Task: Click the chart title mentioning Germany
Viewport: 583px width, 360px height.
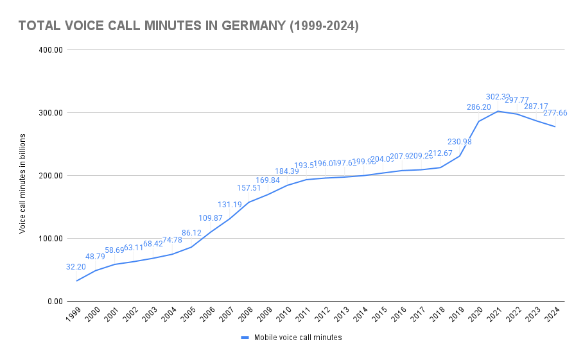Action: click(x=188, y=26)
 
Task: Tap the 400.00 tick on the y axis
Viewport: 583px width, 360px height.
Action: click(x=50, y=50)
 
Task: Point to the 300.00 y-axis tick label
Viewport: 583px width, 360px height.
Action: click(x=50, y=113)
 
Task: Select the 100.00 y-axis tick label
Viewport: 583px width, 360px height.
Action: click(x=50, y=239)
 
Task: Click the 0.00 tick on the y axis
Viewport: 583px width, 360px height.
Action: click(x=54, y=302)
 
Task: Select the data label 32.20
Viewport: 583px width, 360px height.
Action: click(x=76, y=266)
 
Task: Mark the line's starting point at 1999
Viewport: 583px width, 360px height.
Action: click(x=77, y=280)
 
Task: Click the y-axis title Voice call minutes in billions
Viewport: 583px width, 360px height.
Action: click(x=22, y=184)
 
